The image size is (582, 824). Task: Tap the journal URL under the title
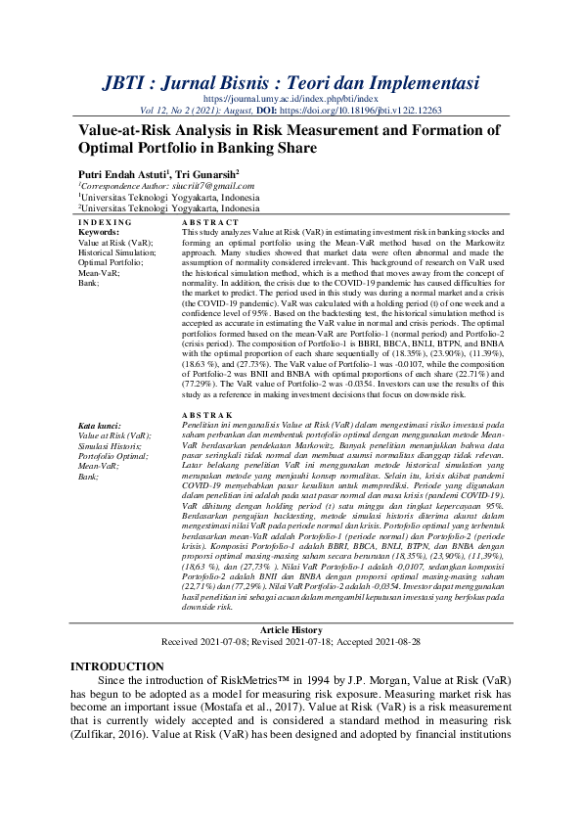coord(291,99)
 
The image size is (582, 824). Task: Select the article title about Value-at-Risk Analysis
coord(289,139)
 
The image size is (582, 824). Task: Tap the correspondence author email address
coord(200,186)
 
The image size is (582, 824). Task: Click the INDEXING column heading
coord(102,224)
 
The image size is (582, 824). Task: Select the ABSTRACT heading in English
coord(209,224)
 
